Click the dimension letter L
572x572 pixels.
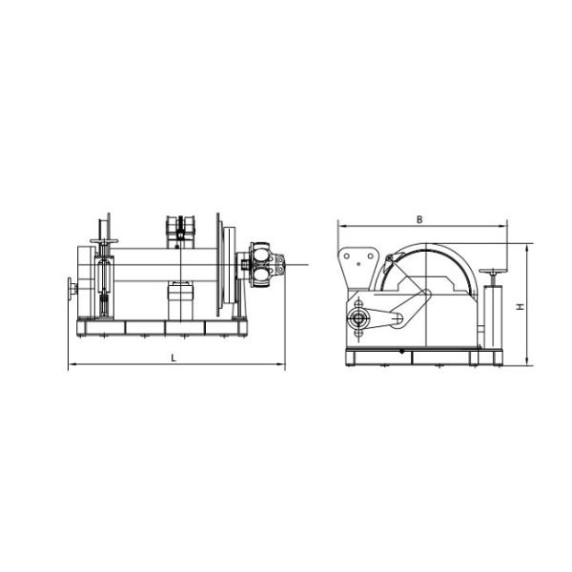coord(174,357)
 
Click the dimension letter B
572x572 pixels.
coord(420,219)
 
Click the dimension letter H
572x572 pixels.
coord(519,307)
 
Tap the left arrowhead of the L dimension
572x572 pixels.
coord(71,365)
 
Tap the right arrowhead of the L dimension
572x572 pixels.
coord(282,365)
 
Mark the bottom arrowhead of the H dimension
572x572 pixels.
coord(526,363)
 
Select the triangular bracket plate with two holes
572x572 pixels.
coord(357,265)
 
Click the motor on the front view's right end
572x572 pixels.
coord(262,263)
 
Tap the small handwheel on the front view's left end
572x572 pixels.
coord(71,289)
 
